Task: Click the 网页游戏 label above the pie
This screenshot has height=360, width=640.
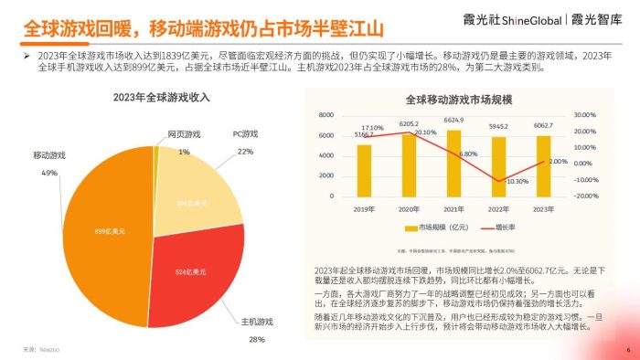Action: point(184,134)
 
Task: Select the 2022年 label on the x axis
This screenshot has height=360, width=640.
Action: point(498,208)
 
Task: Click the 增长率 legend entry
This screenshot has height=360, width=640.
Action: point(494,225)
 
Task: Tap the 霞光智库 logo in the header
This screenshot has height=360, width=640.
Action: point(603,19)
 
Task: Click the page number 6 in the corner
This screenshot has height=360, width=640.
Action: point(627,350)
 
